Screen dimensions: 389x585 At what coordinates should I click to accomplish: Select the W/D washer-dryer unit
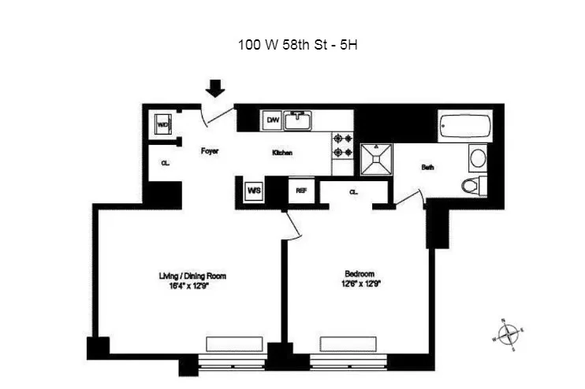(x=164, y=124)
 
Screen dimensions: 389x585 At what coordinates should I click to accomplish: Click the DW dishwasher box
(x=273, y=120)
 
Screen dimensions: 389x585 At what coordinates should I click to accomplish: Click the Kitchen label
(x=282, y=152)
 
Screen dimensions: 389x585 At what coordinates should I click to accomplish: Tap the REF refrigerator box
(x=300, y=191)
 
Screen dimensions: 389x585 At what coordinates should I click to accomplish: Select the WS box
(x=254, y=191)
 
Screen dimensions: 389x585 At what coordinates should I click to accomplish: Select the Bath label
(x=427, y=167)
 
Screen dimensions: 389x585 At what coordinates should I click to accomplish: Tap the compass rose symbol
(x=509, y=333)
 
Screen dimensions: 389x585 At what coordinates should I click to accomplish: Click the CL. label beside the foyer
(x=166, y=164)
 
